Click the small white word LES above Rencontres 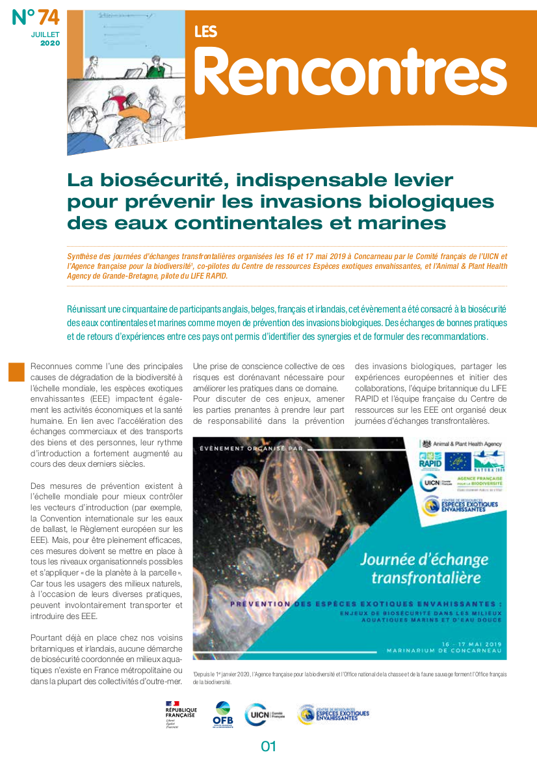[x=205, y=31]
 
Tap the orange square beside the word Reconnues [x=16, y=372]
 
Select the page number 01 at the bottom [x=268, y=746]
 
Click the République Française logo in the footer [x=181, y=712]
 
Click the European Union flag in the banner [x=458, y=462]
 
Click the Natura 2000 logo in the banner [x=488, y=462]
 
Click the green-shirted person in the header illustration [x=156, y=66]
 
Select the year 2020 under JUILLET [x=50, y=43]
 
